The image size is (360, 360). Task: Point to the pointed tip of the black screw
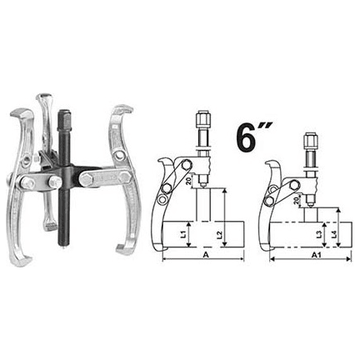pyautogui.click(x=62, y=245)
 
